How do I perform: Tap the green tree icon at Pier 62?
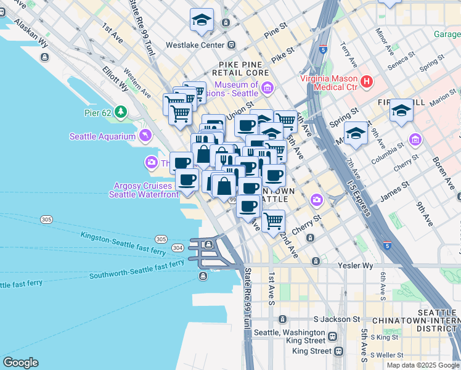121,112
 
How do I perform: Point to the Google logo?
20,363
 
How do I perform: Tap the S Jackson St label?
337,319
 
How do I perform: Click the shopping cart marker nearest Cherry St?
273,220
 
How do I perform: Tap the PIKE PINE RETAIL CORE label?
245,68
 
